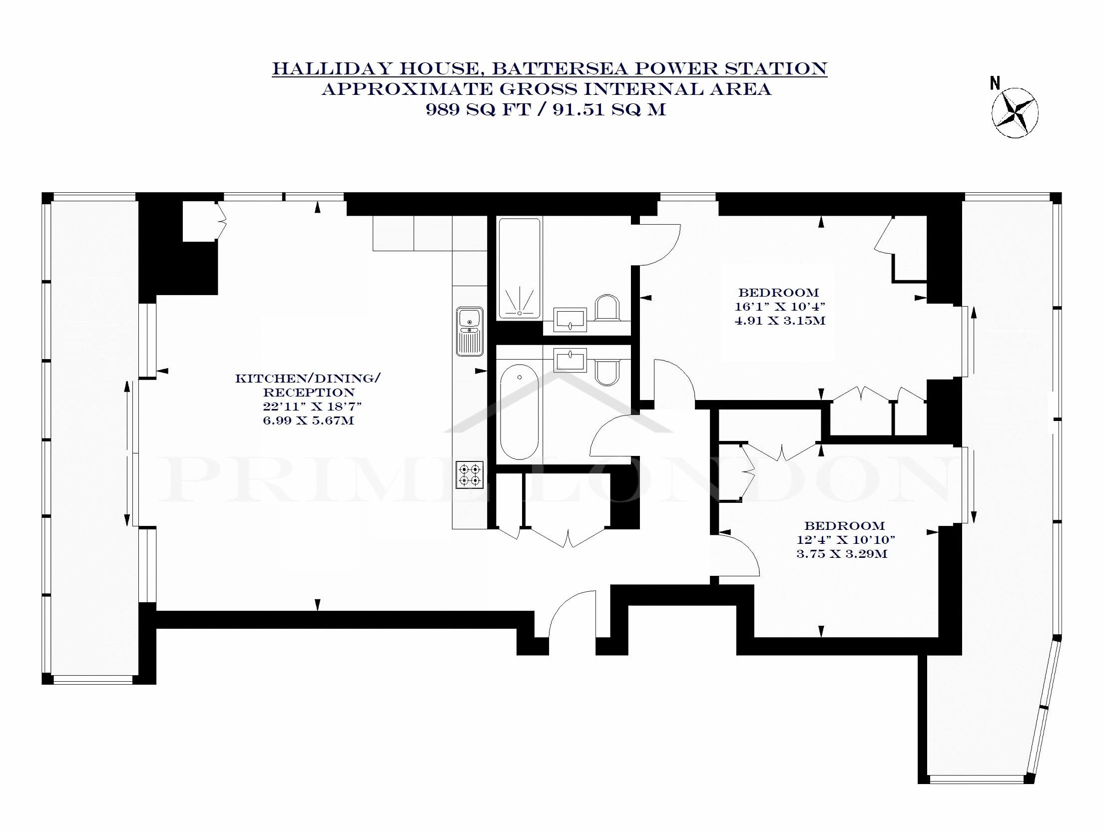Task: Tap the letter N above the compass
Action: (x=996, y=83)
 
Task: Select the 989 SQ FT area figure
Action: (x=478, y=109)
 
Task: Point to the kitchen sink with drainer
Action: (x=470, y=331)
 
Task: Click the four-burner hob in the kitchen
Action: (x=470, y=474)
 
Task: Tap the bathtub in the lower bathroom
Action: (x=520, y=412)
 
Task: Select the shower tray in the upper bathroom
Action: (x=520, y=269)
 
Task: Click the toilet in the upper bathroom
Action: (x=607, y=307)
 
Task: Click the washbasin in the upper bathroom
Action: (x=570, y=320)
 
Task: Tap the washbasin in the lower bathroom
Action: (x=570, y=360)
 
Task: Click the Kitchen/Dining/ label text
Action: (x=308, y=378)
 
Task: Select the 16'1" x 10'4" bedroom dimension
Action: (x=779, y=306)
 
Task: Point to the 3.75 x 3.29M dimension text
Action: (x=842, y=553)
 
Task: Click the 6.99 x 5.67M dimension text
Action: (x=308, y=420)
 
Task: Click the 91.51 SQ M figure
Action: (x=609, y=109)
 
